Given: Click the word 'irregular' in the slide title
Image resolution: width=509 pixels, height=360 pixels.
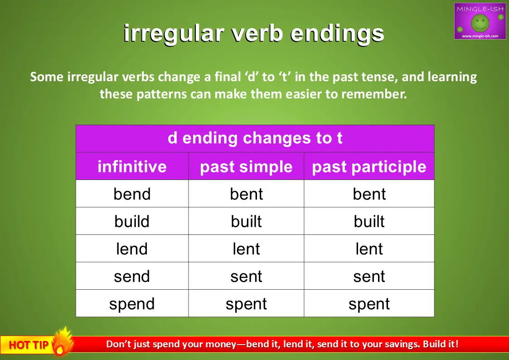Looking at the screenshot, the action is coord(174,34).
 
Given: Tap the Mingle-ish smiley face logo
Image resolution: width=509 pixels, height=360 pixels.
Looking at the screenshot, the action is coord(480,21).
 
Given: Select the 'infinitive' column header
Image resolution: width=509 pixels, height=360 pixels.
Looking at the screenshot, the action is coord(132,166).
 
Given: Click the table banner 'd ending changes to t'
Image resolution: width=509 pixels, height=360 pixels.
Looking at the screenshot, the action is coord(255,138).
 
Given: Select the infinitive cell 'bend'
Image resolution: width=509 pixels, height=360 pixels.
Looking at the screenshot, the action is coord(132,194).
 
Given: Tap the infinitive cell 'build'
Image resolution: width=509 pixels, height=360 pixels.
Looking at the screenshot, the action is coord(132,221).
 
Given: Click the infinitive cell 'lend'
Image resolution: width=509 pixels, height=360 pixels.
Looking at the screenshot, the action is coord(132,249).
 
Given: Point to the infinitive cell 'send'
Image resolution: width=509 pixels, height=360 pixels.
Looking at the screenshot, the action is coord(132,277).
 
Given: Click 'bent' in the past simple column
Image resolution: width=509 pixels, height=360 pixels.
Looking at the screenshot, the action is coord(247,194).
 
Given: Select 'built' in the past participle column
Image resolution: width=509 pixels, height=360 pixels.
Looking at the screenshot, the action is coord(369,221).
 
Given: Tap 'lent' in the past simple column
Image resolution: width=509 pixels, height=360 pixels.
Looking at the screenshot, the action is coord(247,249).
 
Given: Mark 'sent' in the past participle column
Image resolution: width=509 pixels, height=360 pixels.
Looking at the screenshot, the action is coord(369,277).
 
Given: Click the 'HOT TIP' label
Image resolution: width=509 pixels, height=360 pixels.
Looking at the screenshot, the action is coord(29,345).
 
